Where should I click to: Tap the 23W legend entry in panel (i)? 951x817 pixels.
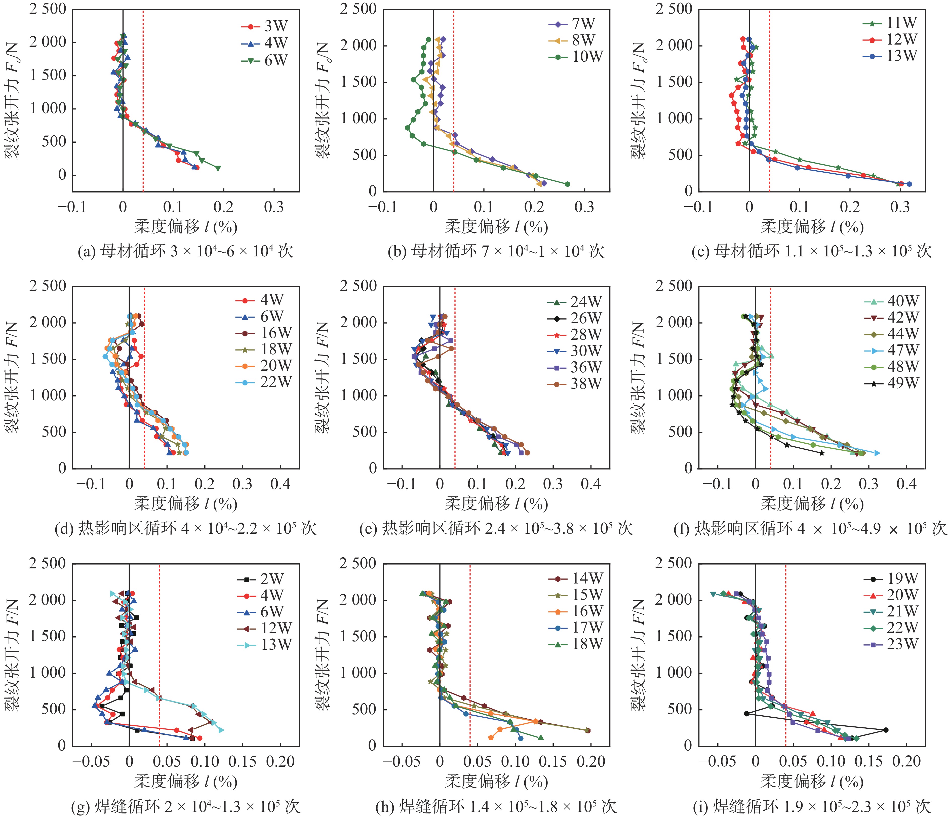click(x=890, y=644)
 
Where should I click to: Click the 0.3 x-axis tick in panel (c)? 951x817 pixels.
click(x=900, y=208)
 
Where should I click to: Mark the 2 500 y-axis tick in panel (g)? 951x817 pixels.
click(x=47, y=564)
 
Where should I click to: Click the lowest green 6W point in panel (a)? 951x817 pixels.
click(x=218, y=168)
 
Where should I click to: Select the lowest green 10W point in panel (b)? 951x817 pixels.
click(x=567, y=184)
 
